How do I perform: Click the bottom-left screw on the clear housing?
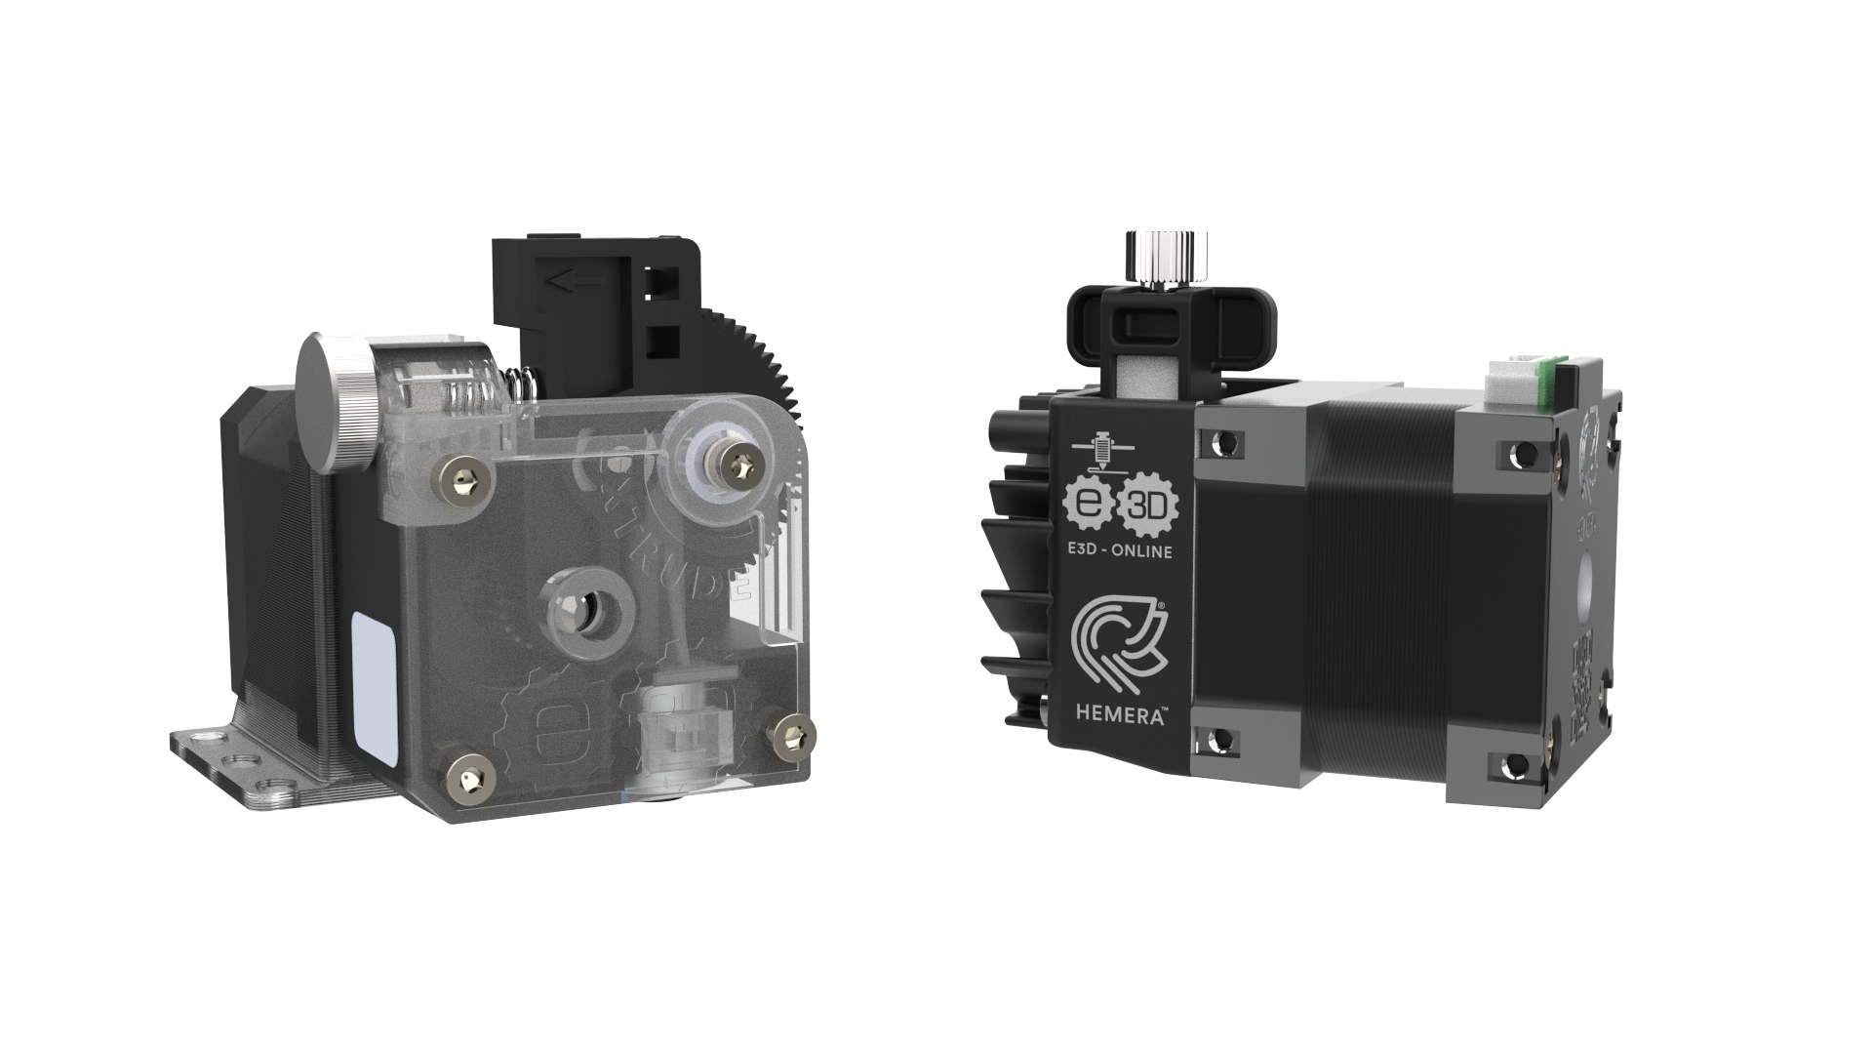pos(468,772)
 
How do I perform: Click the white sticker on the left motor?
pos(372,689)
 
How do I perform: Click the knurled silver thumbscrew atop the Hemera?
pos(1167,258)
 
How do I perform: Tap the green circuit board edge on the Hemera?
pos(1546,385)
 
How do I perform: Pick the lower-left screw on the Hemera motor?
pos(1216,744)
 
